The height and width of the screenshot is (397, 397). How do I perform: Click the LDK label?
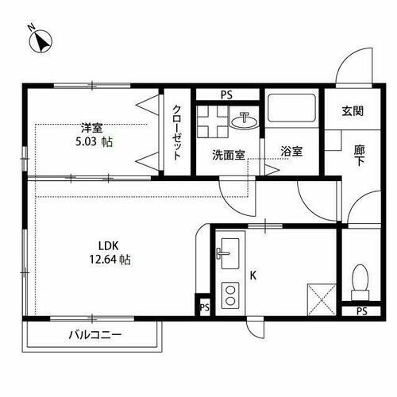(x=109, y=245)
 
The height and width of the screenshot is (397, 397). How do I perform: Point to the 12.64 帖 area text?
(x=110, y=260)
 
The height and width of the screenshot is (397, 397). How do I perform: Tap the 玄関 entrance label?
(x=353, y=112)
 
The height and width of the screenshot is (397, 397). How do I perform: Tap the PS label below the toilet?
(x=361, y=311)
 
